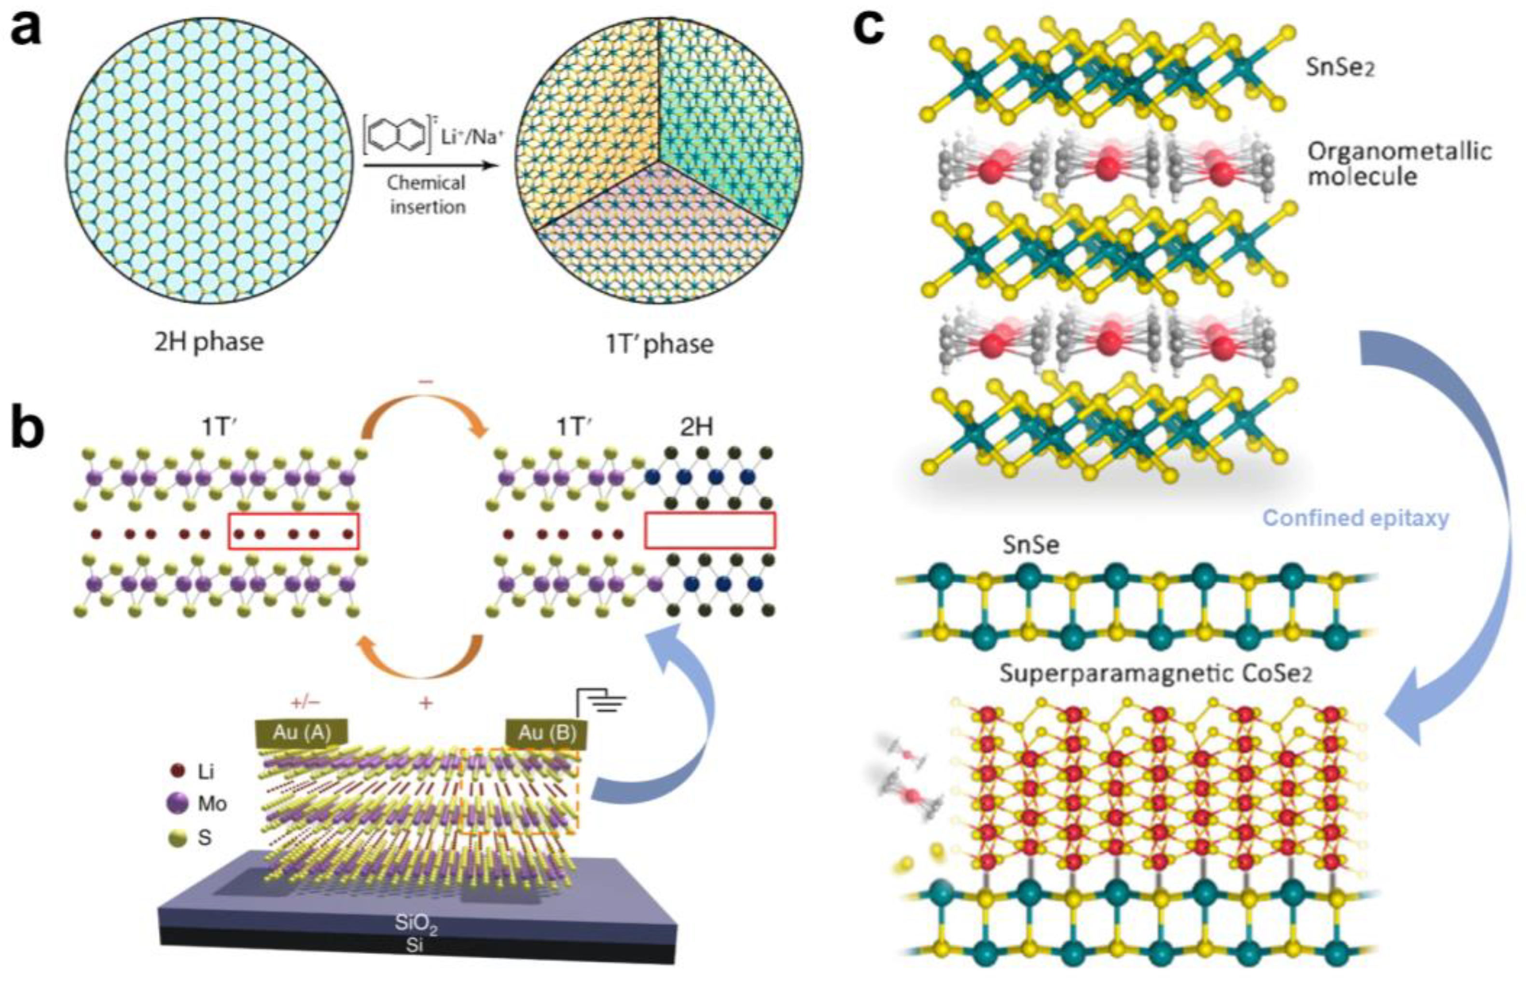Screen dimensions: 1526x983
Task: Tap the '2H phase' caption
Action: (208, 342)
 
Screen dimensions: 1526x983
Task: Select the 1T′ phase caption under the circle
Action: (659, 344)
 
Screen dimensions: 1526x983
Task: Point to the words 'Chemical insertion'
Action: (426, 194)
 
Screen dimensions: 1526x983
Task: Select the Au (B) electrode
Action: (547, 733)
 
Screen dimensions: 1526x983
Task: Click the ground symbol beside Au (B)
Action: (604, 702)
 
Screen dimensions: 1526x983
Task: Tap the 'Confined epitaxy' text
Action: (1356, 518)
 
